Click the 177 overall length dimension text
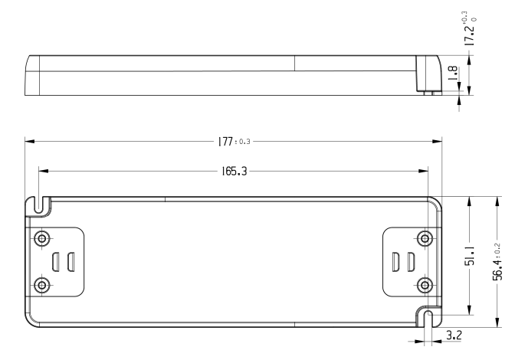[225, 142]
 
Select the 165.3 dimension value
[234, 172]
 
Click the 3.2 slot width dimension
[454, 335]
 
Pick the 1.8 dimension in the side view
[453, 74]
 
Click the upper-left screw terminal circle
[42, 238]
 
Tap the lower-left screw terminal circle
[42, 285]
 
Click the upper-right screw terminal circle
[425, 238]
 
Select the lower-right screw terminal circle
[425, 285]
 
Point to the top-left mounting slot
[39, 205]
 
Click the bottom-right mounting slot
[428, 319]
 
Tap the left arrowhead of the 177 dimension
[30, 142]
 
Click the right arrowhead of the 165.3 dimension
[423, 171]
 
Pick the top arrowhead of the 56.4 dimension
[497, 201]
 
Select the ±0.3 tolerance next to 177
[243, 142]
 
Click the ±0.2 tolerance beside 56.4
[497, 249]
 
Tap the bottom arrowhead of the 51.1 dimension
[469, 310]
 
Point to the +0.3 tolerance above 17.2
[464, 17]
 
